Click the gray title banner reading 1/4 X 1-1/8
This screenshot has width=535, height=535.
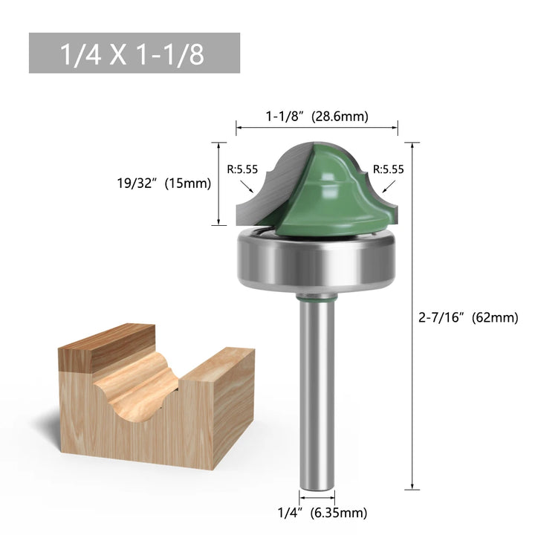tap(134, 53)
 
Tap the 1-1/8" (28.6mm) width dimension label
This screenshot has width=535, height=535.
tap(317, 117)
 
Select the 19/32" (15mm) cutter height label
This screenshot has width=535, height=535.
tap(164, 184)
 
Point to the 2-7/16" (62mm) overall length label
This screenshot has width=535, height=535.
tap(468, 318)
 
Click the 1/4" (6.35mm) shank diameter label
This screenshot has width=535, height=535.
tap(322, 513)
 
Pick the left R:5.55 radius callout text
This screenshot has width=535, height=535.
tap(242, 169)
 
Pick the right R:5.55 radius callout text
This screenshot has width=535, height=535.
tap(389, 169)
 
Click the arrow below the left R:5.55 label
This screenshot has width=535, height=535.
tap(247, 187)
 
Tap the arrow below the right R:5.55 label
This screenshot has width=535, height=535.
tap(389, 187)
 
